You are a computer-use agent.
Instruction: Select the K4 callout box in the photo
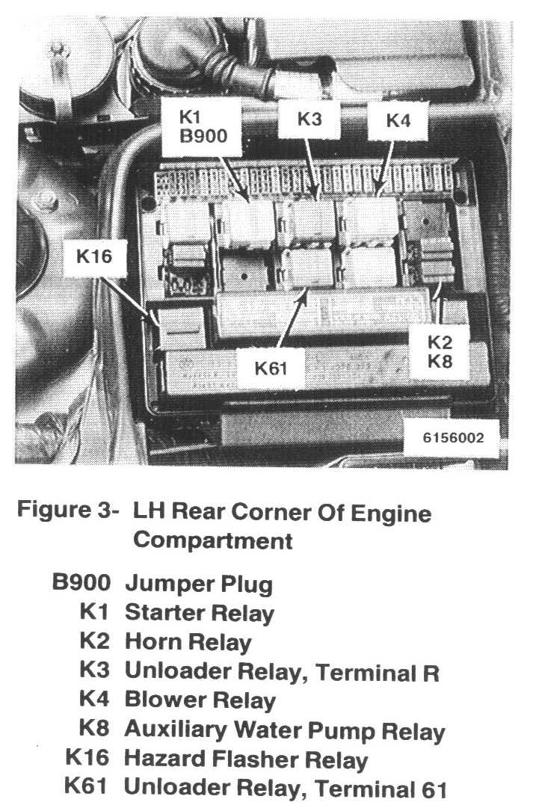pyautogui.click(x=398, y=121)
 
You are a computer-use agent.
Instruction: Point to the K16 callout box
pyautogui.click(x=94, y=257)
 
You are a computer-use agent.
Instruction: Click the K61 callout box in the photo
pyautogui.click(x=271, y=367)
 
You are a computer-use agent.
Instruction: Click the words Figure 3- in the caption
pyautogui.click(x=67, y=513)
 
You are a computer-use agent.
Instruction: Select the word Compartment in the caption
pyautogui.click(x=212, y=540)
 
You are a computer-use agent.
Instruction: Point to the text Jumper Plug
pyautogui.click(x=199, y=583)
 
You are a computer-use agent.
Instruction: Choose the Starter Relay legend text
pyautogui.click(x=200, y=613)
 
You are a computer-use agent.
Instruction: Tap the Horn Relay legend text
pyautogui.click(x=188, y=641)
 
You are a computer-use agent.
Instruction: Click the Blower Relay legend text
pyautogui.click(x=200, y=700)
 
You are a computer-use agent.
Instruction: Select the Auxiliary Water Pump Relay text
pyautogui.click(x=284, y=730)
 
